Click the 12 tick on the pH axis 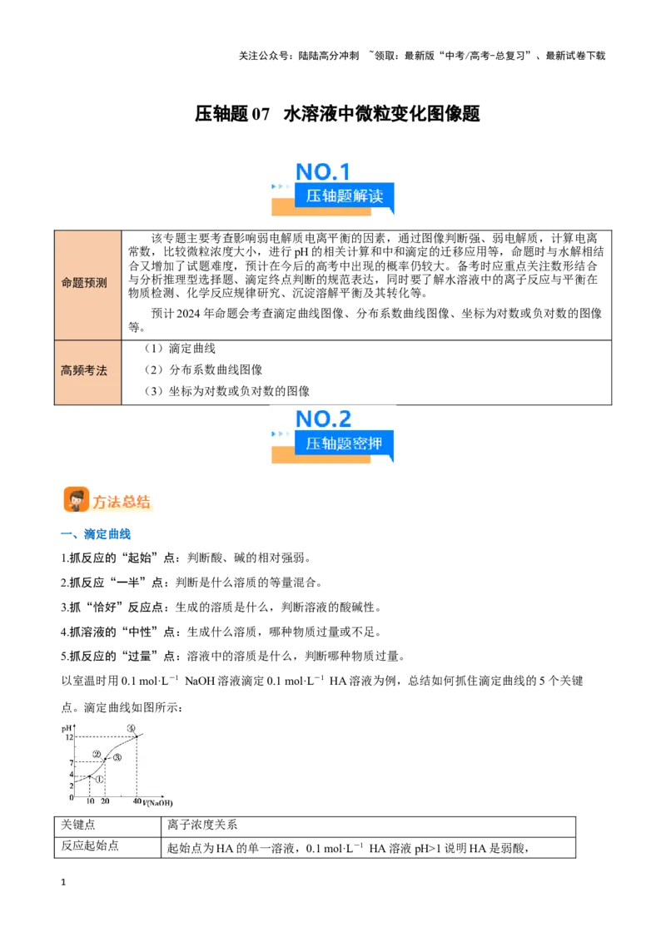(x=69, y=736)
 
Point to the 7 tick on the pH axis (x=71, y=762)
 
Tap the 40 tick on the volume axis (x=137, y=801)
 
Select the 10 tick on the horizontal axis (x=90, y=801)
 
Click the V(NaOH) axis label (x=158, y=803)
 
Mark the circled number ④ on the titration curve (x=131, y=728)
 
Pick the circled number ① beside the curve (x=99, y=779)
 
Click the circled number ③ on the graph (x=117, y=757)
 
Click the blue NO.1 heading (x=323, y=171)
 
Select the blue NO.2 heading (x=323, y=419)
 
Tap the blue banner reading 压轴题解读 (x=344, y=196)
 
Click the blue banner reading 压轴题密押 (x=344, y=444)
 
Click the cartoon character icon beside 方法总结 (x=77, y=499)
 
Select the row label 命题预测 (x=84, y=282)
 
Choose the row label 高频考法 (x=84, y=370)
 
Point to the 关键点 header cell (x=78, y=825)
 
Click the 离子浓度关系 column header (x=202, y=825)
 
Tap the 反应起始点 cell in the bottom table (x=90, y=845)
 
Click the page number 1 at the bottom (x=63, y=882)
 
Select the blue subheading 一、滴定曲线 (x=96, y=534)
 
